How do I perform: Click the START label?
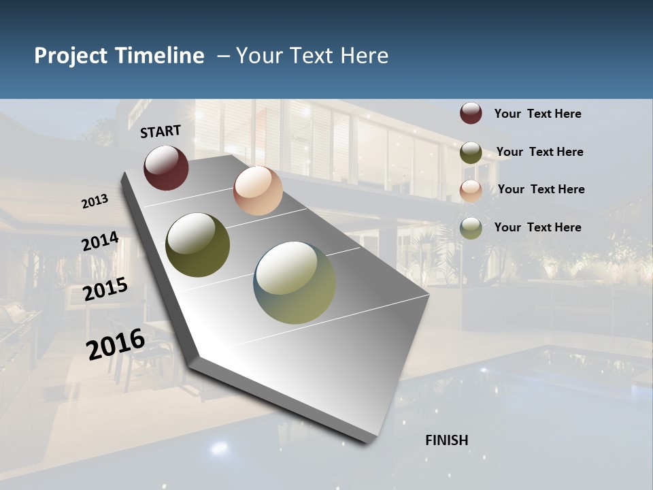[x=161, y=131]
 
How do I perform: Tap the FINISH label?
[x=447, y=440]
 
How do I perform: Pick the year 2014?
[x=101, y=242]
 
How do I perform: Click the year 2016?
[x=116, y=344]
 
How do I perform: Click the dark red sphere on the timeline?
[x=166, y=167]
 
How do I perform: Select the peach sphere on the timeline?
[x=258, y=191]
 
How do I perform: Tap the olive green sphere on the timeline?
[x=197, y=245]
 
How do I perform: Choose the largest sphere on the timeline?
[x=295, y=282]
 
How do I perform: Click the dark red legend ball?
[x=471, y=113]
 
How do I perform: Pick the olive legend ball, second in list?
[x=471, y=152]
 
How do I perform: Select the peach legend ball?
[x=471, y=190]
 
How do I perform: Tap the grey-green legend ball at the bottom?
[x=471, y=228]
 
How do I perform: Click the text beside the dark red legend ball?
[x=537, y=114]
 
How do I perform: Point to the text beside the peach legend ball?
[x=541, y=189]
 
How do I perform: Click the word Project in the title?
[x=71, y=56]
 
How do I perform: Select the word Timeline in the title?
[x=160, y=56]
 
